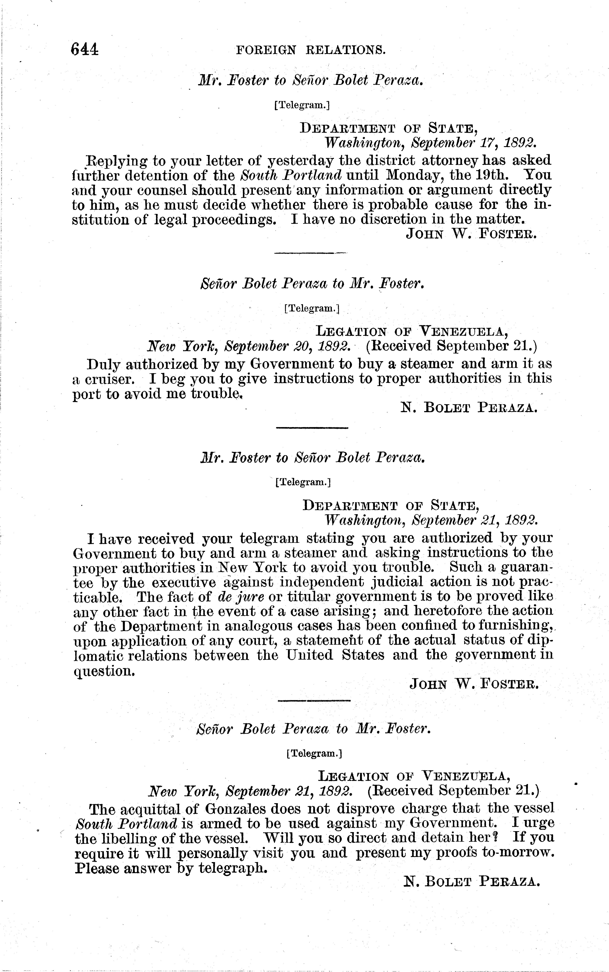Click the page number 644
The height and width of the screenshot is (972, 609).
pyautogui.click(x=85, y=49)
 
